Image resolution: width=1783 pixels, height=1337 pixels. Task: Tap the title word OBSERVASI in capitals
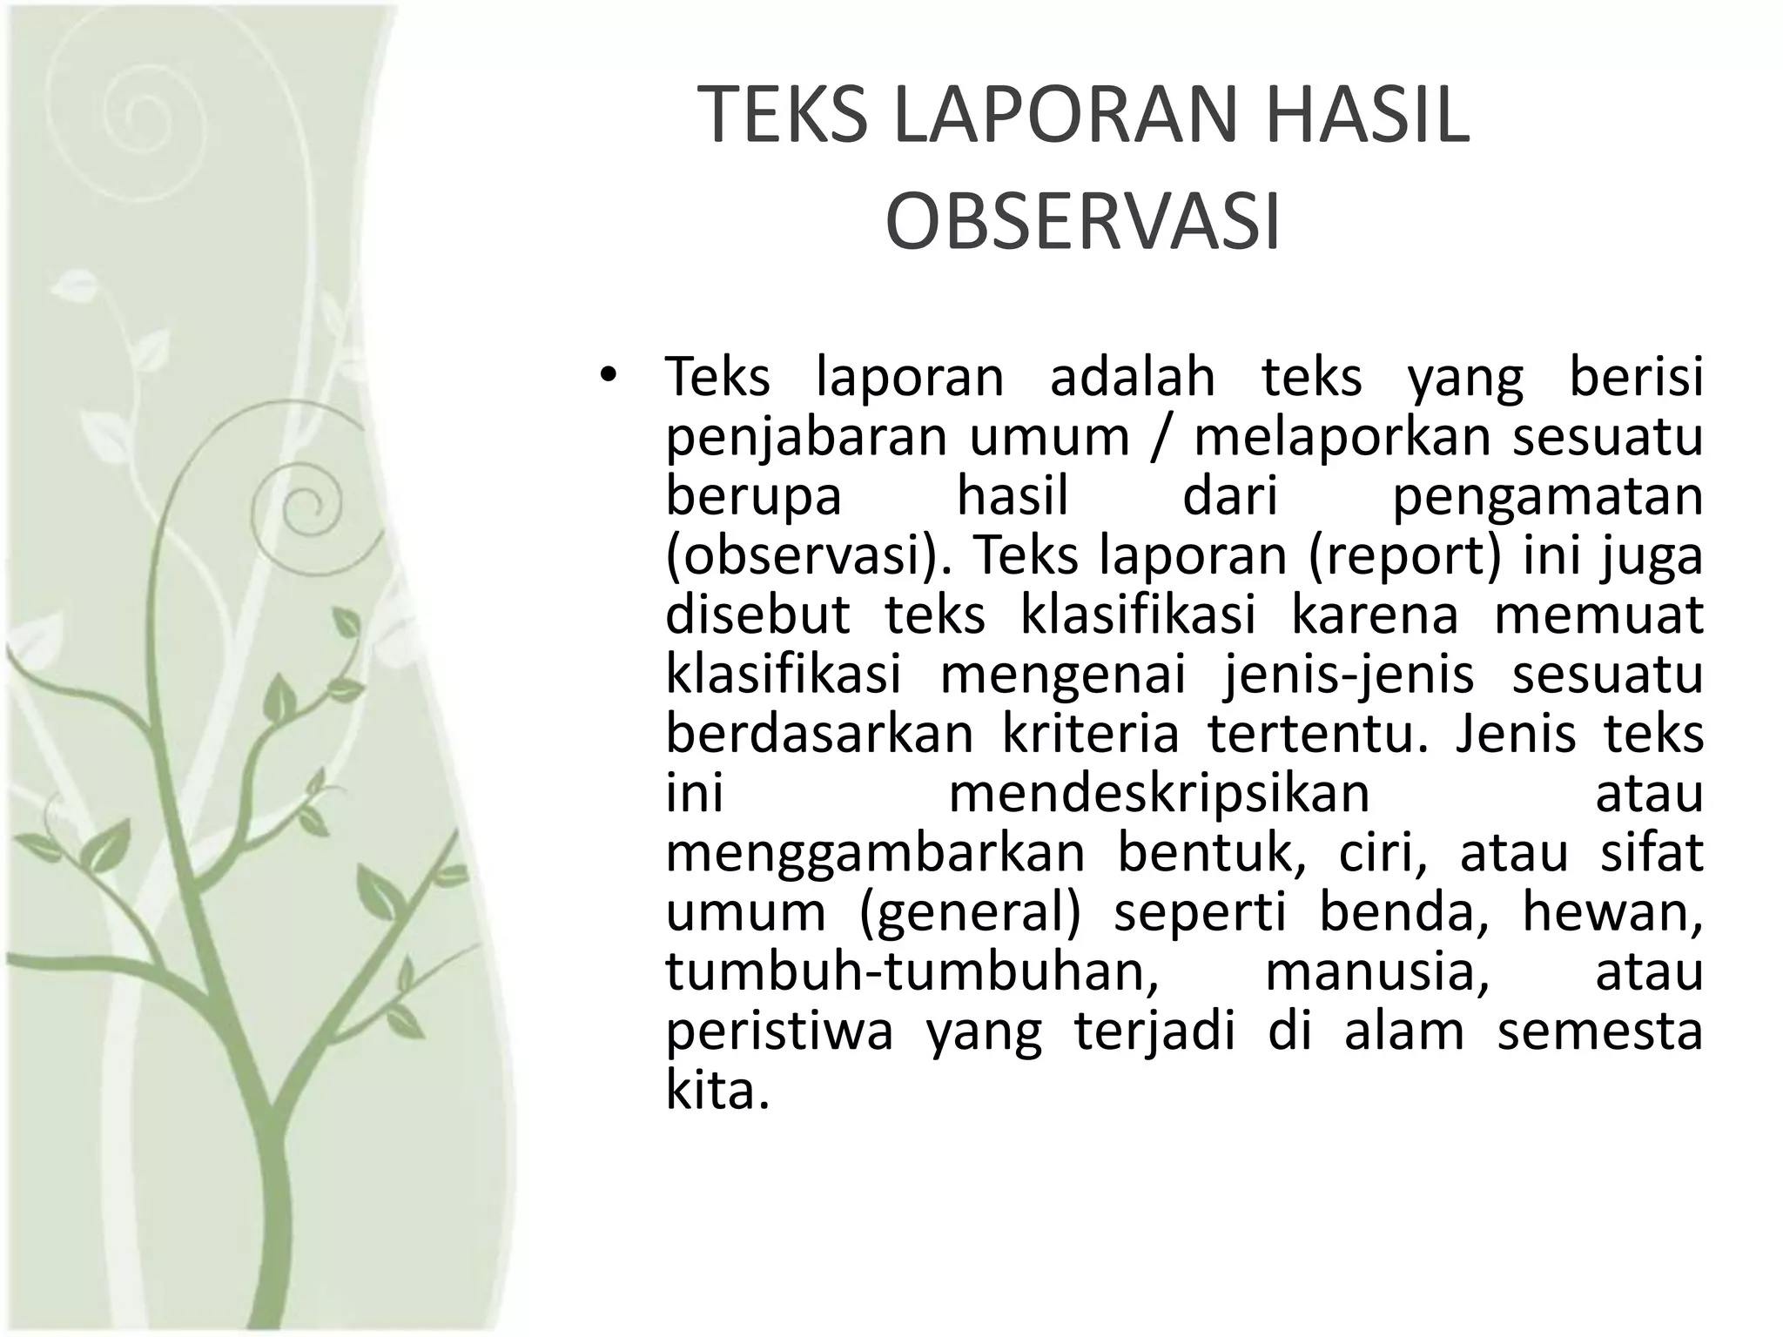click(x=1083, y=223)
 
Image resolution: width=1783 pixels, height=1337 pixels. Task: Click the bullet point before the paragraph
click(x=608, y=377)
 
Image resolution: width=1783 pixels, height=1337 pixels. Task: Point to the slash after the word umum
click(x=1161, y=436)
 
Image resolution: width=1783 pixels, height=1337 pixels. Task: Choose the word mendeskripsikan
click(x=1160, y=793)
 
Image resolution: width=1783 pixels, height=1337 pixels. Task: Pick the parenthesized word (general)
click(x=970, y=912)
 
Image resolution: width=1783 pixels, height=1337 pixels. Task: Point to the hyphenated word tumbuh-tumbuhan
click(x=912, y=971)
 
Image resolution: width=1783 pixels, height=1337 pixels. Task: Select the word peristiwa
click(x=780, y=1031)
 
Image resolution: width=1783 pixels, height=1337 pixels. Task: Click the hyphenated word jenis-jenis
click(x=1349, y=675)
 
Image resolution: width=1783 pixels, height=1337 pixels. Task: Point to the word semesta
click(x=1599, y=1031)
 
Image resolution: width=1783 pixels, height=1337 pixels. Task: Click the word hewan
click(x=1611, y=911)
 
